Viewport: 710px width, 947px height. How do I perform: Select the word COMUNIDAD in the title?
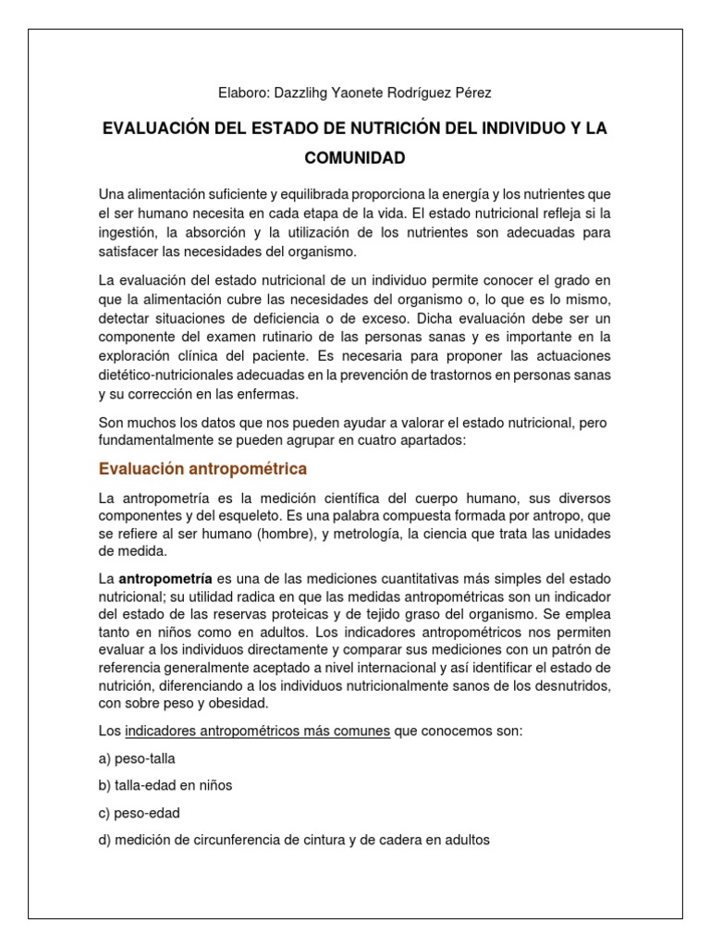355,158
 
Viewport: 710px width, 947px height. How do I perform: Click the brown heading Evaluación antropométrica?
202,469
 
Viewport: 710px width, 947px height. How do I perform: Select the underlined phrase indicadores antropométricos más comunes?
257,732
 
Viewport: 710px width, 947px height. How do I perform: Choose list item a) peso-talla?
137,759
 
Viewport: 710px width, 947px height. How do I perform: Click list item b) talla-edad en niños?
165,786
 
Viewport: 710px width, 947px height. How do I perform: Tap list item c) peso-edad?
139,814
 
